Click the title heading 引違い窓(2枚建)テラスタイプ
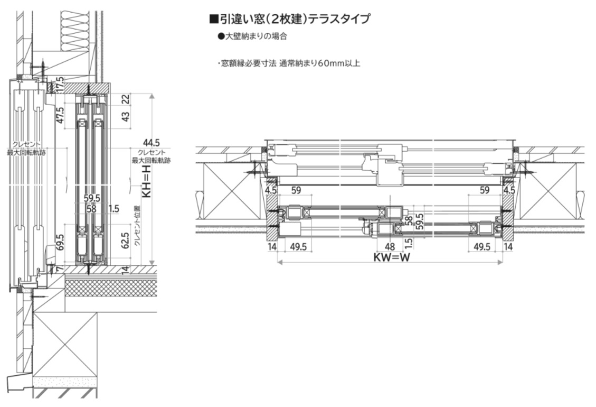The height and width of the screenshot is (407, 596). pyautogui.click(x=292, y=20)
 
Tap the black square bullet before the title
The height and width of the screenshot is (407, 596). pyautogui.click(x=214, y=20)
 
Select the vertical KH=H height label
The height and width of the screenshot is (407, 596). pyautogui.click(x=148, y=180)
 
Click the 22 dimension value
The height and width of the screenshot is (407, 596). pyautogui.click(x=125, y=99)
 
